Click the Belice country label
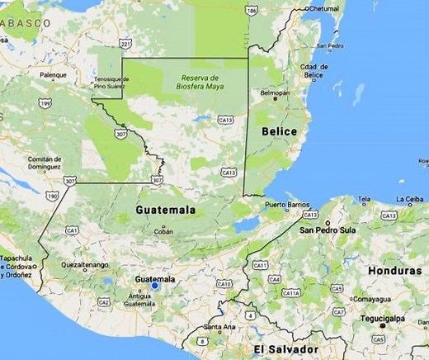click(280, 131)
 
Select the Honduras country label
click(394, 271)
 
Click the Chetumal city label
click(324, 8)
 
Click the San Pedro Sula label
click(329, 230)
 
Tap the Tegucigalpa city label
click(382, 319)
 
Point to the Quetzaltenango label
click(84, 265)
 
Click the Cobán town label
click(163, 232)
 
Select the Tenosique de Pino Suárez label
click(111, 83)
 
